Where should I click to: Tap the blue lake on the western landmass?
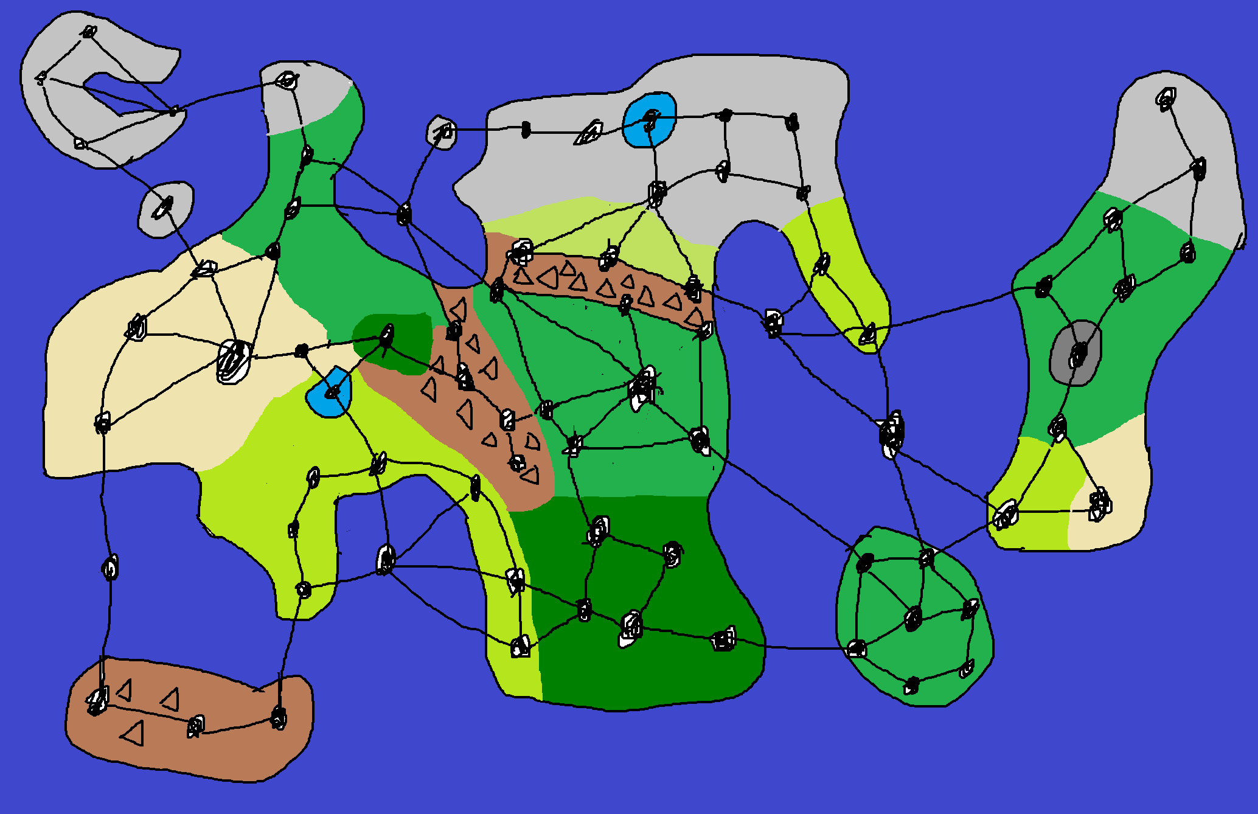[322, 402]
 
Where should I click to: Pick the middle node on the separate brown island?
[195, 726]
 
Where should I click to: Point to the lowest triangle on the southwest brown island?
[133, 733]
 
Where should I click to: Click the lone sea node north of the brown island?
[109, 568]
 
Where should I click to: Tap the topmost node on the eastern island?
[1166, 99]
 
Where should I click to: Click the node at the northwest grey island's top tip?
[89, 32]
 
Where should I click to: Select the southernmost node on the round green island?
[911, 686]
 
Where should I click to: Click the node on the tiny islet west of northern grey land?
[444, 131]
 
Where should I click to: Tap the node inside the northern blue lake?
[651, 120]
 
